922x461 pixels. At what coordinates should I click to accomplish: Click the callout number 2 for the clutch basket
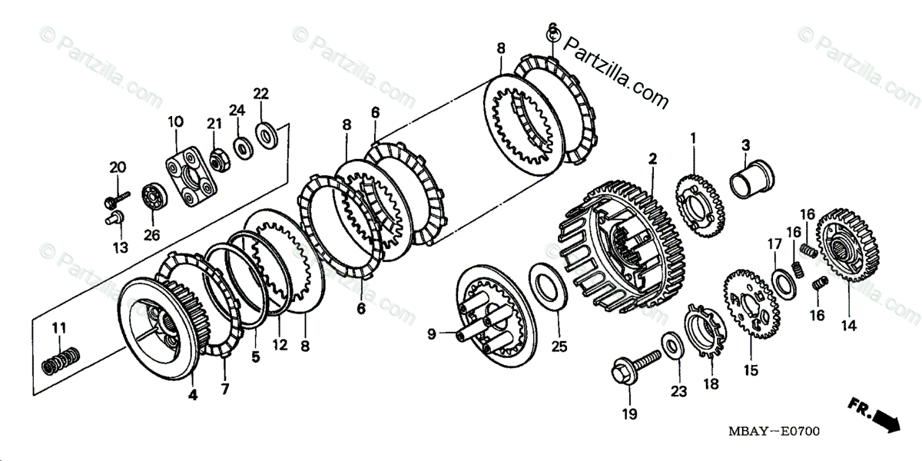coord(652,159)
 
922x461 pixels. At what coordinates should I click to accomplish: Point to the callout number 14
coord(847,325)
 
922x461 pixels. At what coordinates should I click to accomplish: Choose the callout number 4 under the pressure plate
coord(193,395)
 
